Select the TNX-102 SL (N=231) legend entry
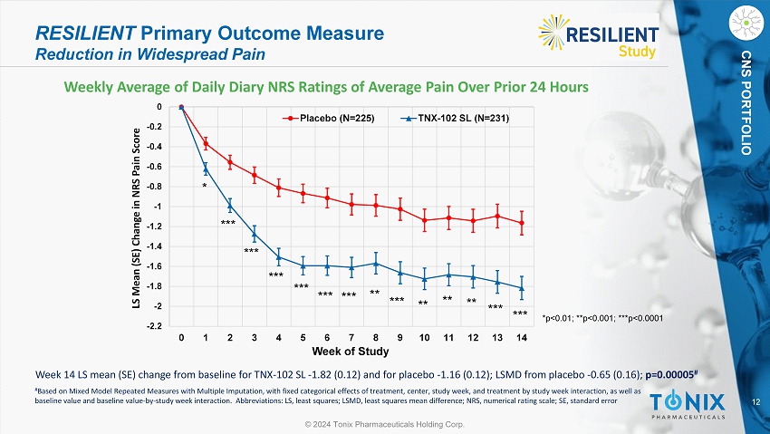[x=457, y=119]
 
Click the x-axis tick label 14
[x=521, y=338]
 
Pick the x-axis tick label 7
[x=351, y=338]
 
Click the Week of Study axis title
[x=351, y=351]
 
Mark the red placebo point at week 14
[x=522, y=223]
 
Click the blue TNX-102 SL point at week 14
[x=522, y=288]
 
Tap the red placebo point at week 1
[x=206, y=143]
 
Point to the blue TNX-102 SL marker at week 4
[x=279, y=257]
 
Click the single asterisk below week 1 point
[x=205, y=186]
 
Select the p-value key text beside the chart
[x=602, y=318]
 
